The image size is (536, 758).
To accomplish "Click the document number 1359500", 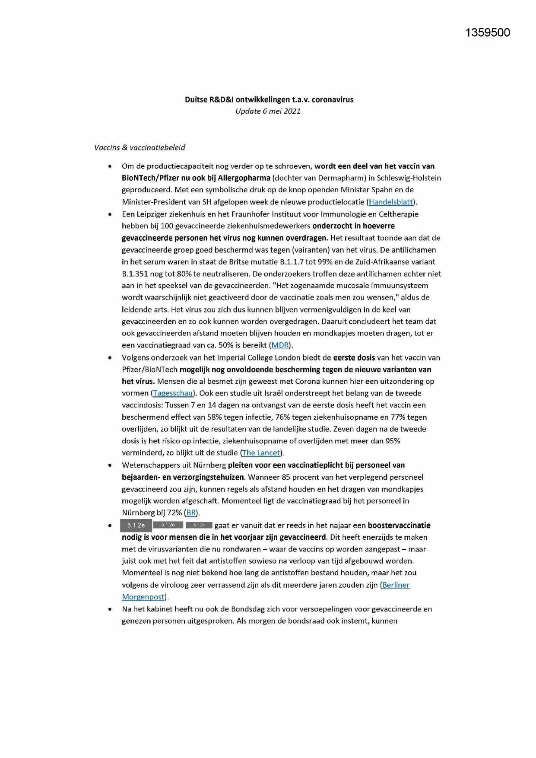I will point(488,33).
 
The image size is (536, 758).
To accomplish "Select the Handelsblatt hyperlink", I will point(391,202).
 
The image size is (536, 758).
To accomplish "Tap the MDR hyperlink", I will point(280,345).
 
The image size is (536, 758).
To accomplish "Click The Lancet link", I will point(261,453).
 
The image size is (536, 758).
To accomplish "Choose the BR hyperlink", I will point(191,513).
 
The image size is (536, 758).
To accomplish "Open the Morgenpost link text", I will point(143,597).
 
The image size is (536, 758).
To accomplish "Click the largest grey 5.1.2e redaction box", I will point(136,526).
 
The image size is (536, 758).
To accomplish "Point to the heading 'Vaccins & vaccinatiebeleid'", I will point(140,148).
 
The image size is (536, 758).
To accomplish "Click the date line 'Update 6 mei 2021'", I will point(268,111).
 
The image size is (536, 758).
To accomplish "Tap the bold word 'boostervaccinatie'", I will point(399,526).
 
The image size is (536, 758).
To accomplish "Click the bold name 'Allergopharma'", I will point(244,178).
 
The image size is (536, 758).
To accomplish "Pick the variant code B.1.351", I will point(135,274).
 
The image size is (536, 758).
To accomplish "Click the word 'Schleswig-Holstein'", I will point(409,178).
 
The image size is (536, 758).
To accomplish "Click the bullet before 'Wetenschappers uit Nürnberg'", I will point(111,465).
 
